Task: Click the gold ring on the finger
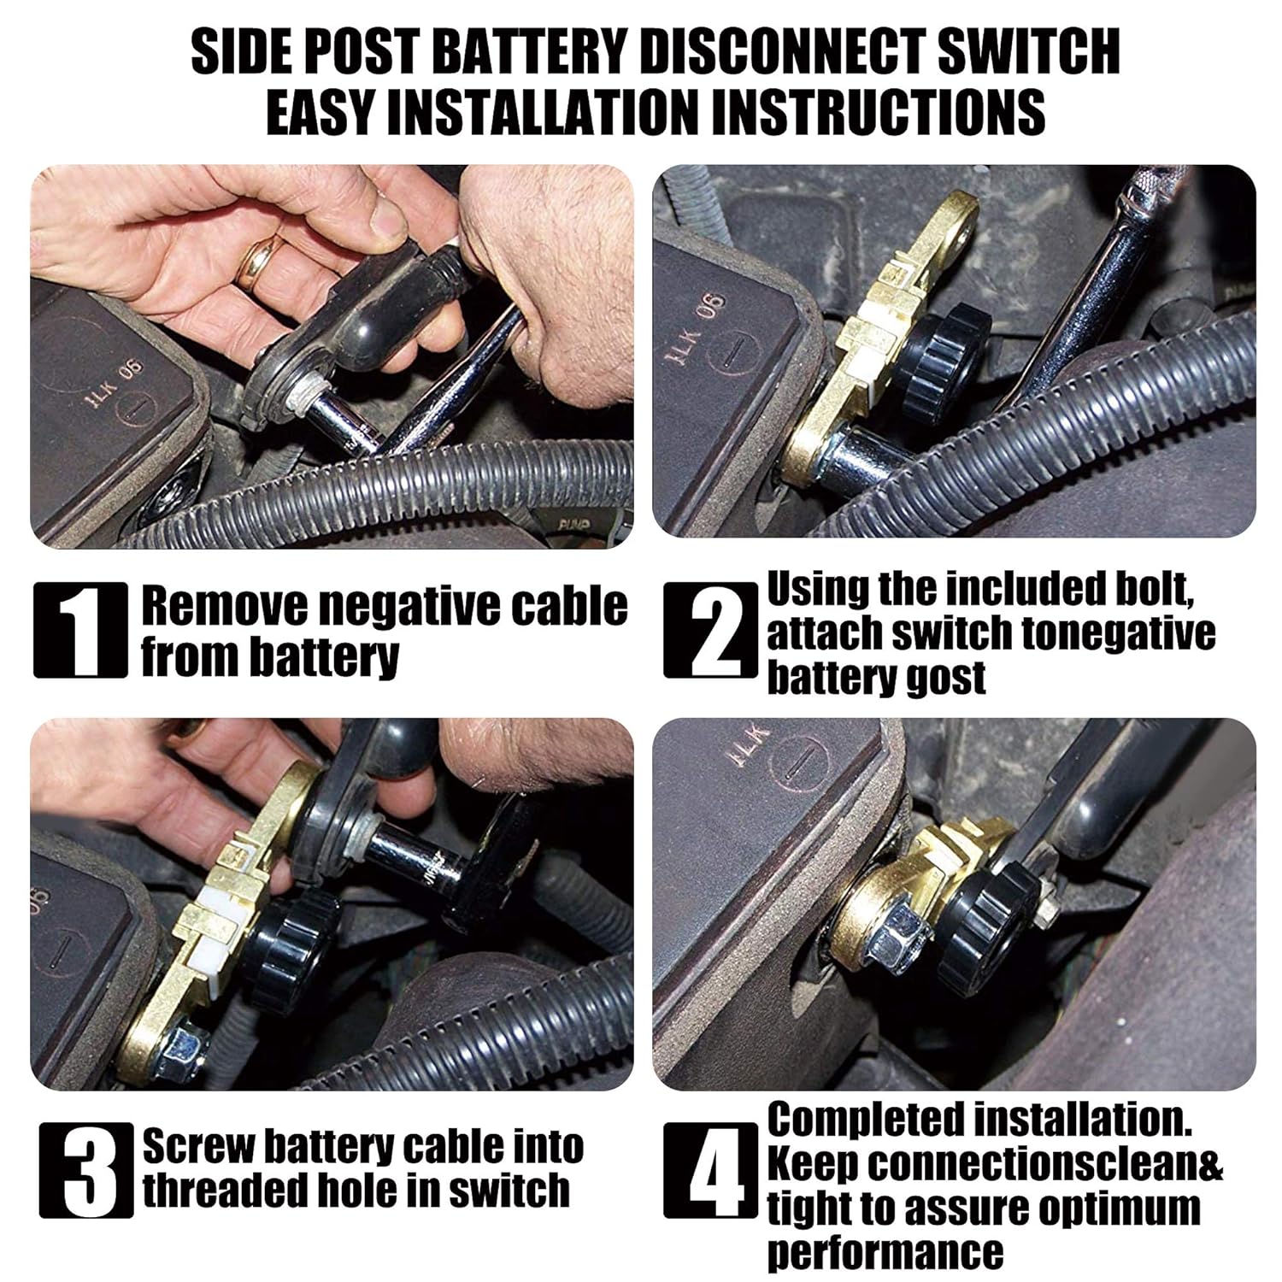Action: coord(262,262)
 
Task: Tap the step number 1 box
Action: coord(80,630)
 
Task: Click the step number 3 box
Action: coord(86,1170)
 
